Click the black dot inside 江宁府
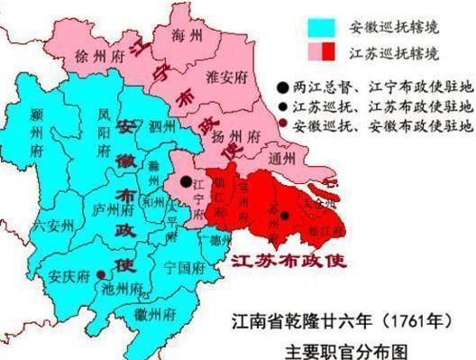[x=186, y=181]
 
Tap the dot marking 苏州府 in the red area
[x=284, y=215]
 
